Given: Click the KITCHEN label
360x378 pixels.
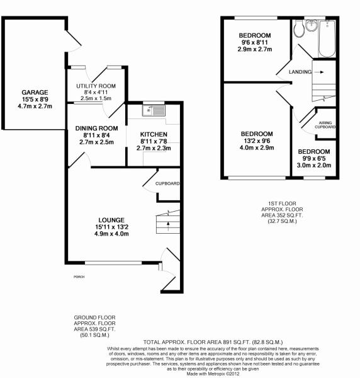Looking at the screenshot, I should click(x=153, y=134).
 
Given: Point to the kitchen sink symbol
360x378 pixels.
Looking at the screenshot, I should click(x=154, y=112).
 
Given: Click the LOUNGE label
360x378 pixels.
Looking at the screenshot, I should click(x=111, y=220).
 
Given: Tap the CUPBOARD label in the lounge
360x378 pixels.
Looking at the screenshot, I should click(x=168, y=183).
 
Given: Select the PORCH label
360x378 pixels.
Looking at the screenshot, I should click(x=79, y=277).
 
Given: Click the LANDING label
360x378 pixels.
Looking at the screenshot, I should click(x=300, y=72).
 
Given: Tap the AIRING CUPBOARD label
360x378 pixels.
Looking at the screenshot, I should click(x=326, y=125).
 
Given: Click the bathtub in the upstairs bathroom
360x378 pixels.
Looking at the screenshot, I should click(x=326, y=38).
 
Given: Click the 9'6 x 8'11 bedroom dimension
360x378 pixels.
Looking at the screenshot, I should click(x=254, y=42).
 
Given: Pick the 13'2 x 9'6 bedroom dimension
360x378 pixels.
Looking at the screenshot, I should click(x=256, y=142).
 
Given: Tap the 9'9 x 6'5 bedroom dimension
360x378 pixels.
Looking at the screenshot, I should click(x=314, y=159).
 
